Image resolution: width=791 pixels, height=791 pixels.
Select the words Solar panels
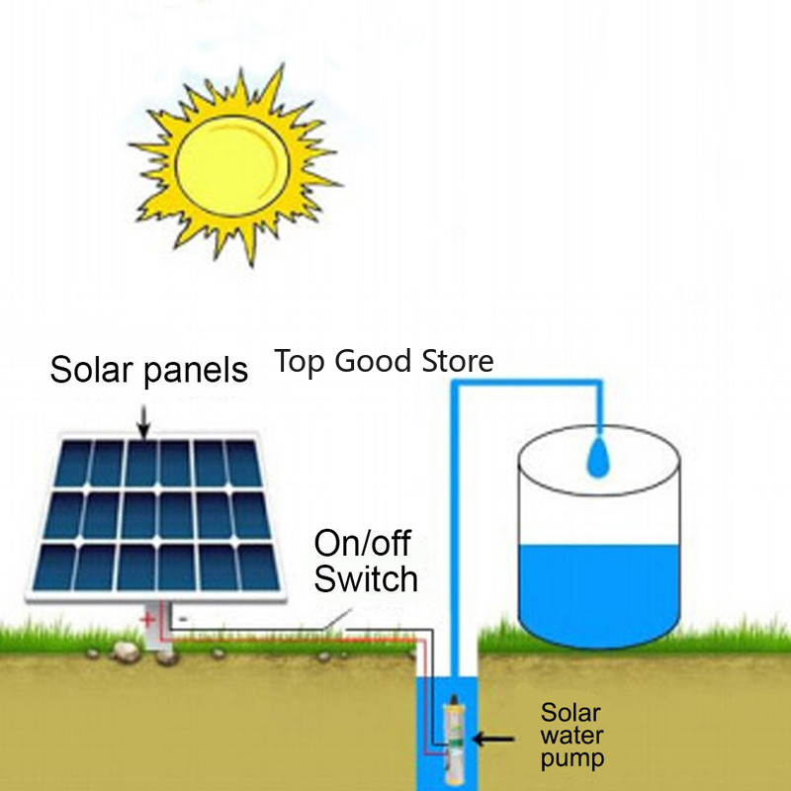tap(148, 370)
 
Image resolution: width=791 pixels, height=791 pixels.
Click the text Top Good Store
tap(384, 361)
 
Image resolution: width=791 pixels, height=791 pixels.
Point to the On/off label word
tap(362, 543)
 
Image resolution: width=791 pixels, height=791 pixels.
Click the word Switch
tap(366, 578)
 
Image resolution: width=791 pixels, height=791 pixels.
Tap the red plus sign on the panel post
tap(147, 621)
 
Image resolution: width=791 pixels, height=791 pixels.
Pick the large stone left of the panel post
tap(126, 650)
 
